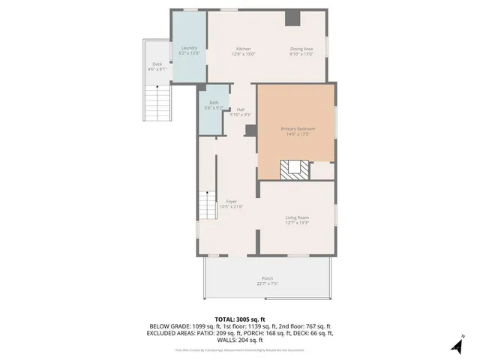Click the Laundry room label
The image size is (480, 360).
click(x=189, y=48)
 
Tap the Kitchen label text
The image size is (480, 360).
click(x=244, y=48)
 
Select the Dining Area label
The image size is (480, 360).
click(x=301, y=48)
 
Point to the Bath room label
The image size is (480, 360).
click(x=214, y=103)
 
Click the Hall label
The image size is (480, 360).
click(x=241, y=109)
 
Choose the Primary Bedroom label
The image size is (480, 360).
click(x=298, y=129)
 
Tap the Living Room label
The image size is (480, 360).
click(x=297, y=217)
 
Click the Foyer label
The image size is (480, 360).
click(x=232, y=201)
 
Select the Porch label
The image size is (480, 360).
click(x=268, y=278)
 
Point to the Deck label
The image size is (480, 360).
click(x=157, y=64)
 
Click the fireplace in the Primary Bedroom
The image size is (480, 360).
click(x=293, y=169)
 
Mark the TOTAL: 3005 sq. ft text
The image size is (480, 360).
click(x=240, y=319)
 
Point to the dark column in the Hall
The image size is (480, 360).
click(x=250, y=130)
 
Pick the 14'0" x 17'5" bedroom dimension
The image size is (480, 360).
click(x=298, y=134)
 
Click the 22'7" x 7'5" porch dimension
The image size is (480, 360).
click(x=268, y=284)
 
